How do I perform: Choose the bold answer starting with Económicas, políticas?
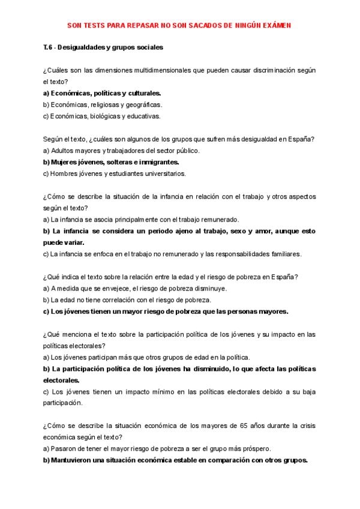coord(102,94)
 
